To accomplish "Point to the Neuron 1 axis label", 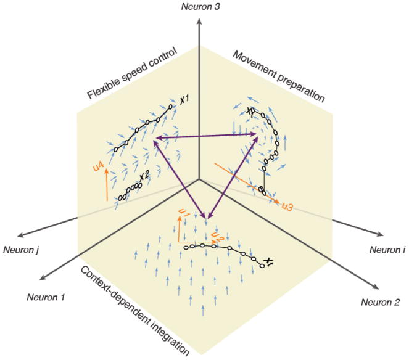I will pos(46,297).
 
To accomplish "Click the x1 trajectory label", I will pos(184,98).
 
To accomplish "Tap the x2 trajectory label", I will pos(144,177).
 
